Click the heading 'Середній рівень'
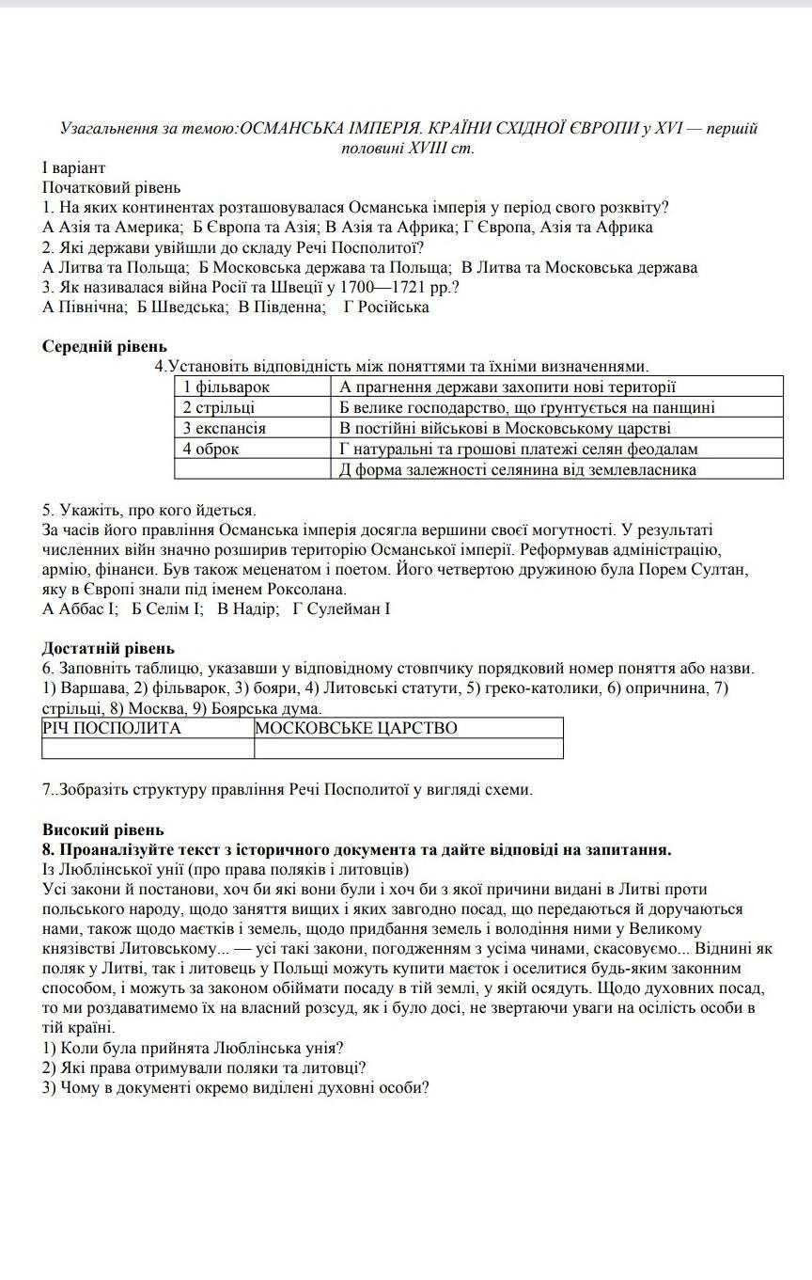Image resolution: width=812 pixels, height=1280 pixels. click(x=104, y=346)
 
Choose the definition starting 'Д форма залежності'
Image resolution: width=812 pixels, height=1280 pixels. click(x=518, y=469)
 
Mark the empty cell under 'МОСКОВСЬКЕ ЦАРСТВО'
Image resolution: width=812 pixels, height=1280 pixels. click(x=409, y=749)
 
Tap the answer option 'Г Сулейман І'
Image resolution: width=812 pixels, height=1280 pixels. click(x=341, y=608)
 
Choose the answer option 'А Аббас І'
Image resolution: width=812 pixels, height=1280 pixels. click(x=81, y=608)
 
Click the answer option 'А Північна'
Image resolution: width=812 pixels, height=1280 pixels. click(x=85, y=307)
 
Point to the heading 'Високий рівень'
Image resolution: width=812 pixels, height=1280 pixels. click(x=103, y=830)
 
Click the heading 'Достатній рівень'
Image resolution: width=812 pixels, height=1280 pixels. click(x=108, y=648)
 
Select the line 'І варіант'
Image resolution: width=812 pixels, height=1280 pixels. click(x=74, y=167)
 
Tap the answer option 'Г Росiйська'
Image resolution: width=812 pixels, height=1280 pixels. click(x=386, y=307)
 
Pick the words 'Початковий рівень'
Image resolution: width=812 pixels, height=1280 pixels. click(x=111, y=187)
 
